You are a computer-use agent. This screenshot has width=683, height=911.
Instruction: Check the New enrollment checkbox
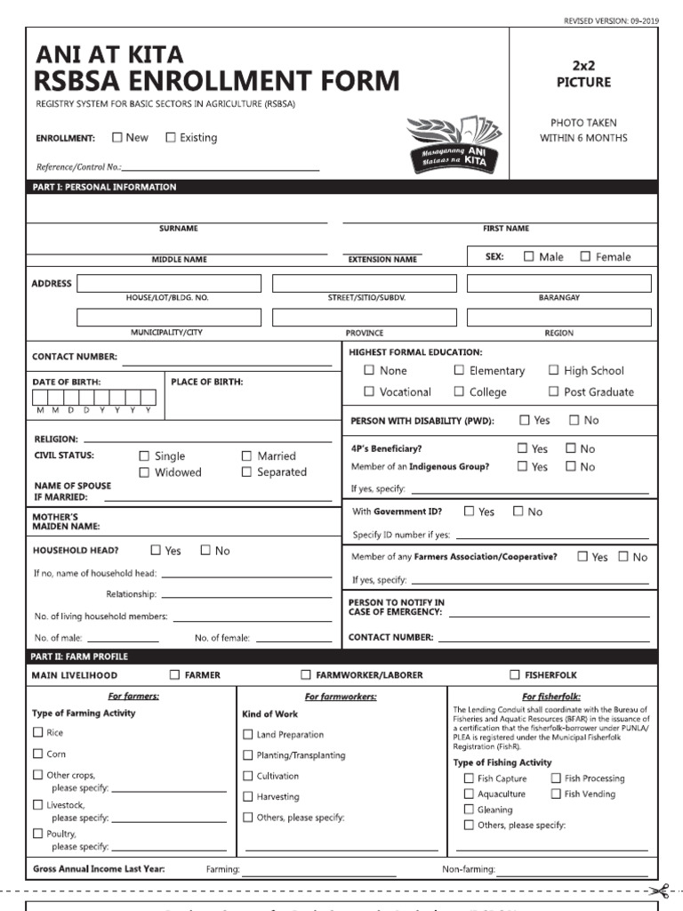pyautogui.click(x=117, y=137)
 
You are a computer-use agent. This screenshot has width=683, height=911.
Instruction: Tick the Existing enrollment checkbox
pyautogui.click(x=171, y=137)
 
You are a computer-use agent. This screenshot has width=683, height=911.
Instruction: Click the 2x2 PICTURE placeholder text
pyautogui.click(x=583, y=74)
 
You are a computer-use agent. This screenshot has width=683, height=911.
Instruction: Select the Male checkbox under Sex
pyautogui.click(x=529, y=256)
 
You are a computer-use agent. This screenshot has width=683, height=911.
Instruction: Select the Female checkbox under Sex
pyautogui.click(x=585, y=256)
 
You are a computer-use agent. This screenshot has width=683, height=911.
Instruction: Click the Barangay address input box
pyautogui.click(x=558, y=283)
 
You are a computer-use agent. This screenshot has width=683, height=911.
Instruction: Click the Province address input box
pyautogui.click(x=364, y=318)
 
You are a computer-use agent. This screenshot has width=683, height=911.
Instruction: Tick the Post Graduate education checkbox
pyautogui.click(x=554, y=391)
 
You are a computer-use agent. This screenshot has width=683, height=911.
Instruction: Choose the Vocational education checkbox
pyautogui.click(x=369, y=391)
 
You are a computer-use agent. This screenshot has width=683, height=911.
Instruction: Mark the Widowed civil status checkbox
pyautogui.click(x=144, y=472)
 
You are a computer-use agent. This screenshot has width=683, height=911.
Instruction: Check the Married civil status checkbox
pyautogui.click(x=247, y=455)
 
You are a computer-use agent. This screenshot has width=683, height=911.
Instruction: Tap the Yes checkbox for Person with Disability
pyautogui.click(x=525, y=420)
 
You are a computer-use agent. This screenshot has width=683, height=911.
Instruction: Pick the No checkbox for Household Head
pyautogui.click(x=205, y=550)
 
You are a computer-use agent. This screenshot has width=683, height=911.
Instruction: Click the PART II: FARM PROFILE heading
pyautogui.click(x=80, y=657)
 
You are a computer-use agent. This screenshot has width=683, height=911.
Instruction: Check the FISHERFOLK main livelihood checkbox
pyautogui.click(x=515, y=675)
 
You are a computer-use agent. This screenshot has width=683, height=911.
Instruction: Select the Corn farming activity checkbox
pyautogui.click(x=37, y=754)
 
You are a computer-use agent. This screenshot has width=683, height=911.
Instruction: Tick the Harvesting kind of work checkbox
pyautogui.click(x=248, y=796)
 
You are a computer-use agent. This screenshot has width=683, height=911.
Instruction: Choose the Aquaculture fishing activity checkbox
pyautogui.click(x=469, y=794)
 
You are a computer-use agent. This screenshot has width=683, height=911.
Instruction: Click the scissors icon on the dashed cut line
pyautogui.click(x=659, y=890)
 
